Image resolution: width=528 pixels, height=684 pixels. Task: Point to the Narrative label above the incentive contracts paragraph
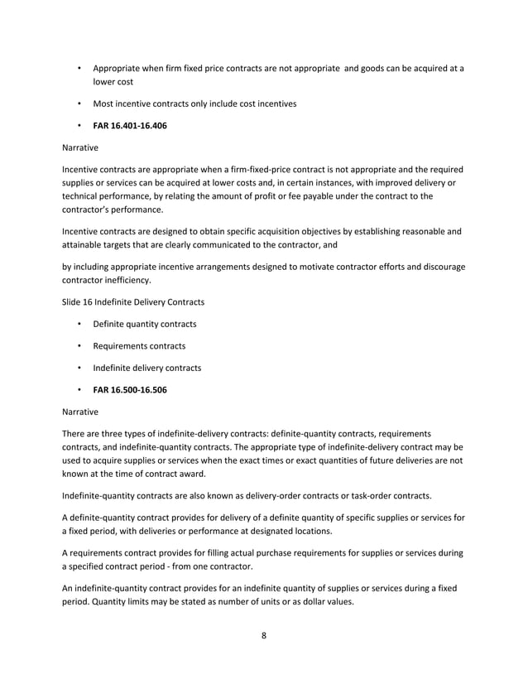79,149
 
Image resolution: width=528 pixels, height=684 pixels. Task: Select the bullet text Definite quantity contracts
145,323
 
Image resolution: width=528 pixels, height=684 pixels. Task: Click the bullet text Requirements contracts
139,345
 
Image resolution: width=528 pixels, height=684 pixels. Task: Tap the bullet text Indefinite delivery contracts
147,367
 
